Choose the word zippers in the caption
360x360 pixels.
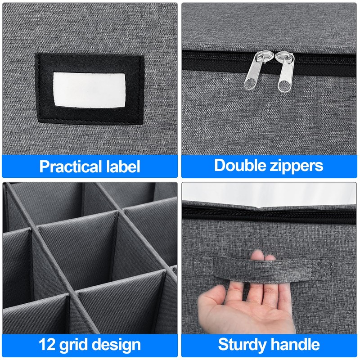point(297,166)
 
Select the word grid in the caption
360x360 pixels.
point(77,345)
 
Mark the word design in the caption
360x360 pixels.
point(118,345)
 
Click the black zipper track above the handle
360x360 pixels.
point(270,214)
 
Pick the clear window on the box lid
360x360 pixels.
point(270,193)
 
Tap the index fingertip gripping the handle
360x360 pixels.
point(257,256)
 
